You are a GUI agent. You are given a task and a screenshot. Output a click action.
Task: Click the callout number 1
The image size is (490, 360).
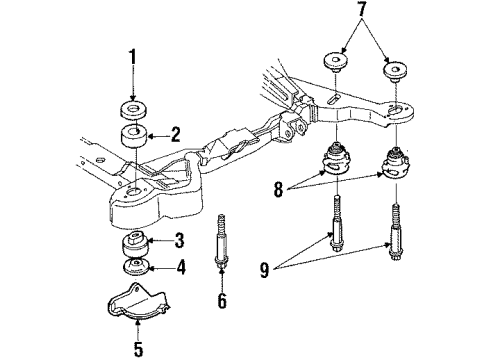pyautogui.click(x=131, y=73)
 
